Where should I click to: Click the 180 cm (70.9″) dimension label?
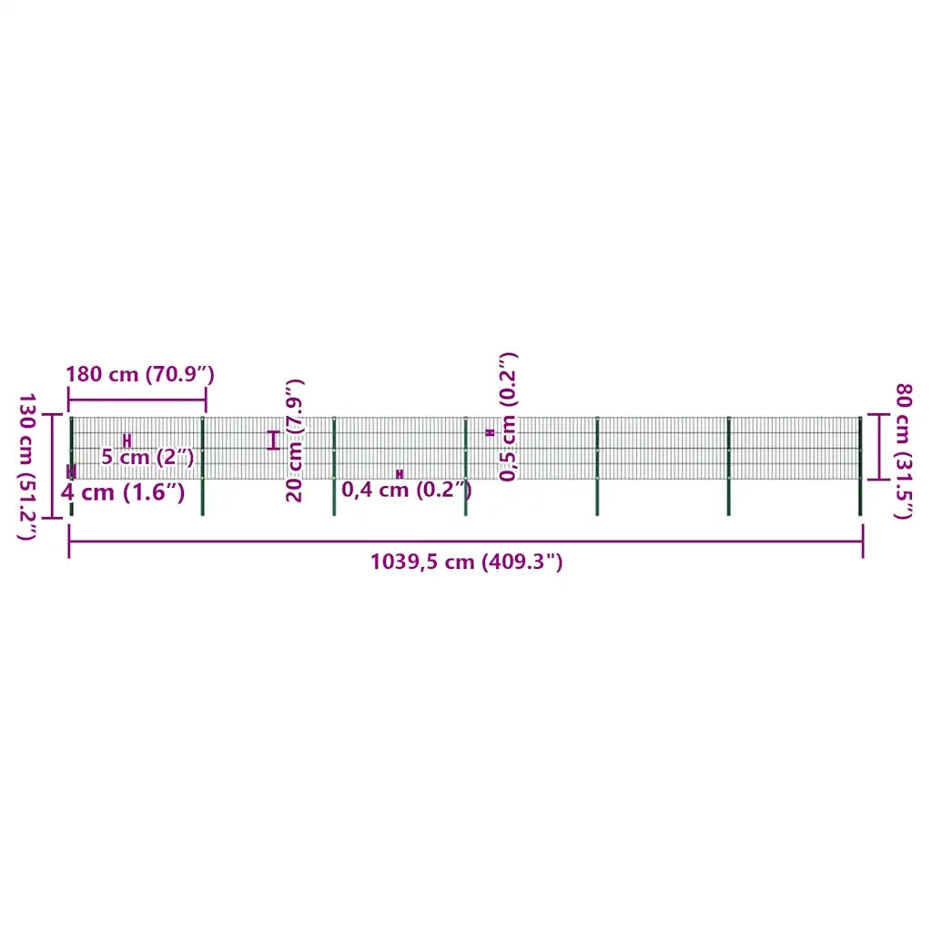click(139, 374)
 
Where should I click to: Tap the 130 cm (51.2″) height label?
click(26, 467)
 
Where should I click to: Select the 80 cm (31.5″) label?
click(904, 451)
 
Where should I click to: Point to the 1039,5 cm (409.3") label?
click(466, 561)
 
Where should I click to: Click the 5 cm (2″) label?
click(147, 457)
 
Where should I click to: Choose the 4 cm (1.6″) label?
click(123, 492)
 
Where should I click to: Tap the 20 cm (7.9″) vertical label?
click(294, 440)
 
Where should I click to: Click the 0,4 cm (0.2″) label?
click(407, 489)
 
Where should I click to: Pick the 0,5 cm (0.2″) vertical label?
click(508, 416)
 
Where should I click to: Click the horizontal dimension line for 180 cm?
click(137, 400)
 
